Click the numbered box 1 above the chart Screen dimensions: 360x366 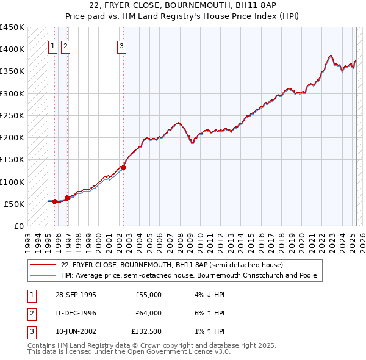52,45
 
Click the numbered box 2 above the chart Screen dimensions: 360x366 65,45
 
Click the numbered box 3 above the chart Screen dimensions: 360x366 122,45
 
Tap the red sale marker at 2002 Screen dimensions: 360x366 123,167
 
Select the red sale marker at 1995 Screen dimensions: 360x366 55,201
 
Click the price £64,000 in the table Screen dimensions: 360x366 148,313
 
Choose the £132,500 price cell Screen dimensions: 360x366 147,331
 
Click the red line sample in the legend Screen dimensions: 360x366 43,265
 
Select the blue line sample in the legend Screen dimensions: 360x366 43,275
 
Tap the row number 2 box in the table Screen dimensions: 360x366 31,313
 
